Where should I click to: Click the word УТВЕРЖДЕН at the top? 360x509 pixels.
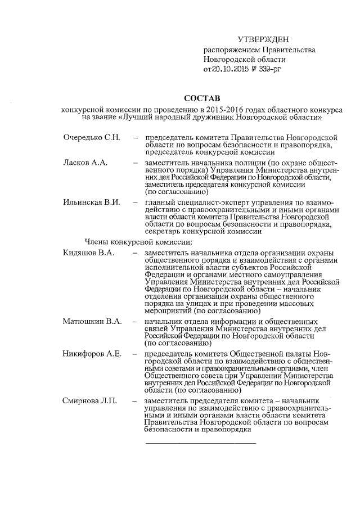point(263,39)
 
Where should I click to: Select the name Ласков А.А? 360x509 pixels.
point(85,163)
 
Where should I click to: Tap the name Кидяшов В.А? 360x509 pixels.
point(89,253)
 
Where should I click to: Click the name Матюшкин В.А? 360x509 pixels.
point(92,321)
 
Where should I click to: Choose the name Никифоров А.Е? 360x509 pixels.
point(92,354)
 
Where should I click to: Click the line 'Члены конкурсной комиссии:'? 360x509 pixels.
point(138,242)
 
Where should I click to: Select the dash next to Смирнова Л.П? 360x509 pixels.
point(135,400)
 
